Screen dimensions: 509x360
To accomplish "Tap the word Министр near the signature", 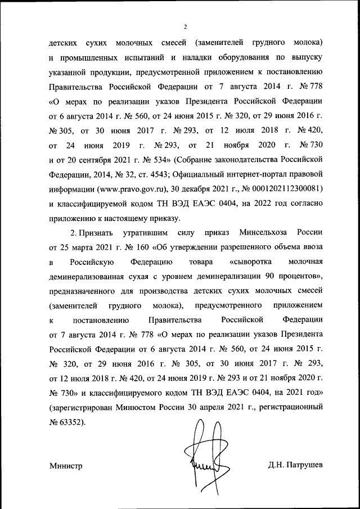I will (66, 466).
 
